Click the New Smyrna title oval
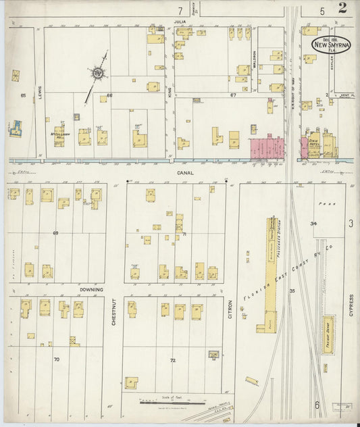point(330,43)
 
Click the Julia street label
point(180,21)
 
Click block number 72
point(172,360)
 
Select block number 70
point(57,359)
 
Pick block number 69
point(56,232)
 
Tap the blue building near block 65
point(16,128)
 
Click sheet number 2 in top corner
point(343,9)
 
